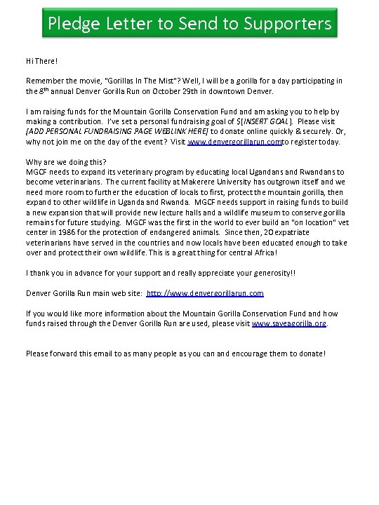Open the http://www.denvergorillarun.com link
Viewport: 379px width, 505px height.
click(x=205, y=292)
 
